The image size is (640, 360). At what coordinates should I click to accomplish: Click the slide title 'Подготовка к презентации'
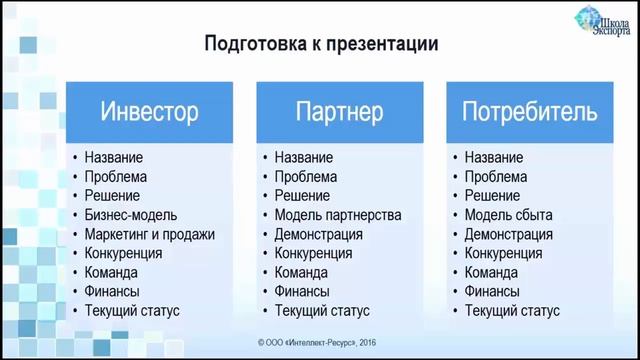pos(321,44)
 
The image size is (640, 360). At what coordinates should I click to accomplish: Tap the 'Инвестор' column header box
pos(149,110)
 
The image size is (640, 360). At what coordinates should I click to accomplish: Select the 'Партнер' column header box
pos(339,110)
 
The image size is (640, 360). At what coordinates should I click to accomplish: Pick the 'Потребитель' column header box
pos(530,110)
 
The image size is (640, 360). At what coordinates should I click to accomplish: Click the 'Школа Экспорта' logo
pos(603,24)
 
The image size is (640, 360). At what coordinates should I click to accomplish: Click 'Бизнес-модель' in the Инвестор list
pos(131,215)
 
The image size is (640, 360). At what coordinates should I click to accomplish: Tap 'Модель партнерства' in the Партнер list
pos(338,215)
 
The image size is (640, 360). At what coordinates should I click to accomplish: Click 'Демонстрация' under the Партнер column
pos(318,234)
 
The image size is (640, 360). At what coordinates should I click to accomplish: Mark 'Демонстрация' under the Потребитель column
pos(508,234)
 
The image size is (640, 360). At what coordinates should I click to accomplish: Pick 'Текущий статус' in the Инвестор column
pos(132,311)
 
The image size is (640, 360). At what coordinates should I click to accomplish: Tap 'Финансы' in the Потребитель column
pos(492,291)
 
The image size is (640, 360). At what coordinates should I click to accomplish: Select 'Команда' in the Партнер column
pos(301,272)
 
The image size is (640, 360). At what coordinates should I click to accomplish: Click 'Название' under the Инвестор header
pos(114,158)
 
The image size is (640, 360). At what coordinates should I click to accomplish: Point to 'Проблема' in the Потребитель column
pos(496,177)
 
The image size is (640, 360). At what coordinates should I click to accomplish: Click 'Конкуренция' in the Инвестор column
pos(124,253)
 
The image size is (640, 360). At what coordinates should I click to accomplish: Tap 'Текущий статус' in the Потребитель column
pos(512,311)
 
